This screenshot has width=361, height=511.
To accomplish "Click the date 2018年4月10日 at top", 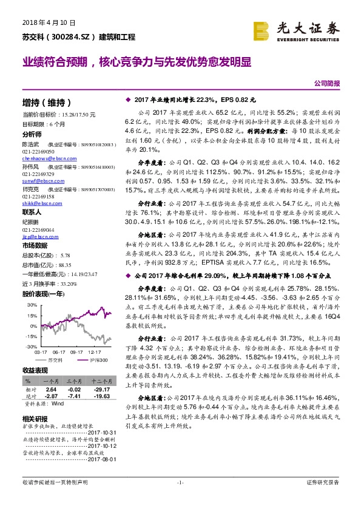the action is [x=44, y=22].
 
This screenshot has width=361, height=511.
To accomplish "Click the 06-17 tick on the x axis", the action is [x=59, y=351].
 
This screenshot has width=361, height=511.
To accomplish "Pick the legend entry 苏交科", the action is [x=55, y=360].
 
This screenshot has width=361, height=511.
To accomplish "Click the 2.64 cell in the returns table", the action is [x=52, y=388].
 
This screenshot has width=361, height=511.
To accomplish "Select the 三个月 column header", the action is [x=74, y=382].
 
